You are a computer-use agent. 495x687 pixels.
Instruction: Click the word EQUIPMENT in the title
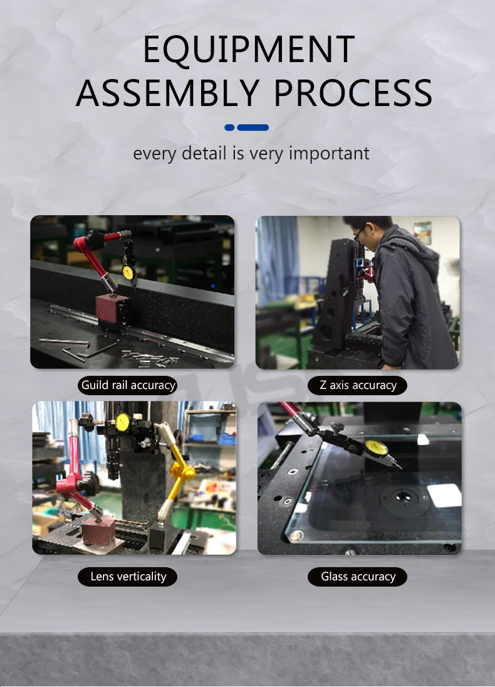click(x=249, y=50)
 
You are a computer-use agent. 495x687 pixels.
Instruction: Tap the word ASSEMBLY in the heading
click(x=168, y=92)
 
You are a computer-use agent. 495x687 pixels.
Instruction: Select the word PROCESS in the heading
click(x=353, y=92)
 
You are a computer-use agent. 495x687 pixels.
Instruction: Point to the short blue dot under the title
click(x=229, y=127)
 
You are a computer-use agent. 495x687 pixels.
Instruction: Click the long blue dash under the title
click(x=253, y=127)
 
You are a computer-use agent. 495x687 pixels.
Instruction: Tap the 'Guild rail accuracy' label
click(x=128, y=385)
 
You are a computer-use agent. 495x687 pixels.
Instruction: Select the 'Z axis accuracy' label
click(x=358, y=385)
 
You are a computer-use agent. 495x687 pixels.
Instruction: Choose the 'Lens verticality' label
click(x=128, y=577)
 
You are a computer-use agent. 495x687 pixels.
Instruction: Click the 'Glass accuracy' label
click(x=358, y=577)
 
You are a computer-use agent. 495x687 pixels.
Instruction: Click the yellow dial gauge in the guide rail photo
click(x=128, y=272)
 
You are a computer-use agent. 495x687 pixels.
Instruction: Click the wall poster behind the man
click(x=422, y=232)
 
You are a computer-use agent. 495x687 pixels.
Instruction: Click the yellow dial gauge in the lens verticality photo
click(x=123, y=422)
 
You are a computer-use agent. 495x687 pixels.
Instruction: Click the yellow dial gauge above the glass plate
click(x=377, y=448)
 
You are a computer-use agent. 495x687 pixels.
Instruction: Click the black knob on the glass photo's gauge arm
click(x=337, y=426)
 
